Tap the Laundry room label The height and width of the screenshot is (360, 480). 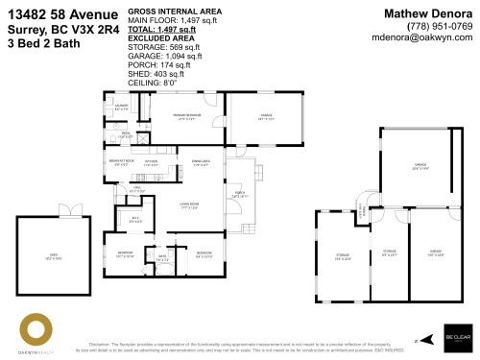[122, 108]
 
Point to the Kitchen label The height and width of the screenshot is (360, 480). [151, 162]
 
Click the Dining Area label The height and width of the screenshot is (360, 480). [201, 162]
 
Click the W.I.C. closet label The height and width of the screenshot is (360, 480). [135, 221]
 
